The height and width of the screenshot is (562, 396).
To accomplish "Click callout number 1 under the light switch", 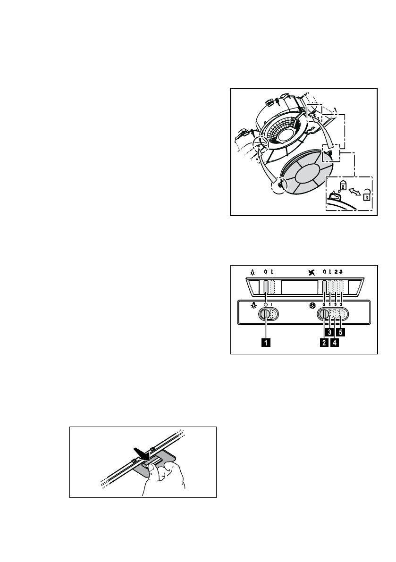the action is tap(266, 343).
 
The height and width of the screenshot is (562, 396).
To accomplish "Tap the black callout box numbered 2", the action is tap(324, 343).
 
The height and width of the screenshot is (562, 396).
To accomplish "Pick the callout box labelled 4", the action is tap(335, 343).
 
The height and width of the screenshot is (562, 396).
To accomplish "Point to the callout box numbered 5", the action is tap(341, 332).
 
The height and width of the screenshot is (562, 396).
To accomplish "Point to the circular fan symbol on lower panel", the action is tap(312, 305).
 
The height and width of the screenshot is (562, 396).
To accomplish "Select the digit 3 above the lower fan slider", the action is tap(341, 305).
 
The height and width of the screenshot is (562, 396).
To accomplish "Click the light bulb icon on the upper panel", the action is tap(254, 272).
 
